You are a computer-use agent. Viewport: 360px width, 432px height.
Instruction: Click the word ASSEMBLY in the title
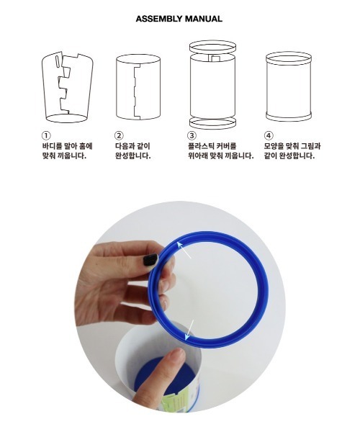pos(159,19)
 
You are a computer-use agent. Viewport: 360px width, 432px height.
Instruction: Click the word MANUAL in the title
pos(204,19)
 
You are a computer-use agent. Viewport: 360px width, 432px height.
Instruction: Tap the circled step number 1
pos(46,135)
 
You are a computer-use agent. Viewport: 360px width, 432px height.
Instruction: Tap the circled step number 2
pos(119,135)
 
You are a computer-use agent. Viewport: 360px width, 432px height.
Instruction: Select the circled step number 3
pos(192,135)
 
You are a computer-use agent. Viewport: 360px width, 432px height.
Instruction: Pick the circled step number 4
pos(269,135)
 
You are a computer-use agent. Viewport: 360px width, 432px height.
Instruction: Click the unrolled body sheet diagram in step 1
pos(67,87)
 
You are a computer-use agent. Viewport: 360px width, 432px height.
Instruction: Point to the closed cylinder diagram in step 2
pos(138,87)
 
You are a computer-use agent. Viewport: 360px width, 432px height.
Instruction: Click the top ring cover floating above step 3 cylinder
pos(212,47)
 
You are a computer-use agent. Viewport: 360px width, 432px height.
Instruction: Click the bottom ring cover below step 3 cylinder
pos(212,122)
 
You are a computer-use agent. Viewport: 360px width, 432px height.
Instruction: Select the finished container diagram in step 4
pos(289,86)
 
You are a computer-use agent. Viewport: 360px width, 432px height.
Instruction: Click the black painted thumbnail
pos(150,260)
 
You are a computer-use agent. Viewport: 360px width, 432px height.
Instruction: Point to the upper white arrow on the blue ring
pos(184,250)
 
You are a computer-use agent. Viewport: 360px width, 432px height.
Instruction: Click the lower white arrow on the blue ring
pos(189,330)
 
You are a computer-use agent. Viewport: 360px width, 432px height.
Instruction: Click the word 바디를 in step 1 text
pos(52,145)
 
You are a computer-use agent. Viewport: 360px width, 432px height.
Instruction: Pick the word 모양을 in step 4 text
pos(274,145)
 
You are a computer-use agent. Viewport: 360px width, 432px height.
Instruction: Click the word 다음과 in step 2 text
pos(125,145)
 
